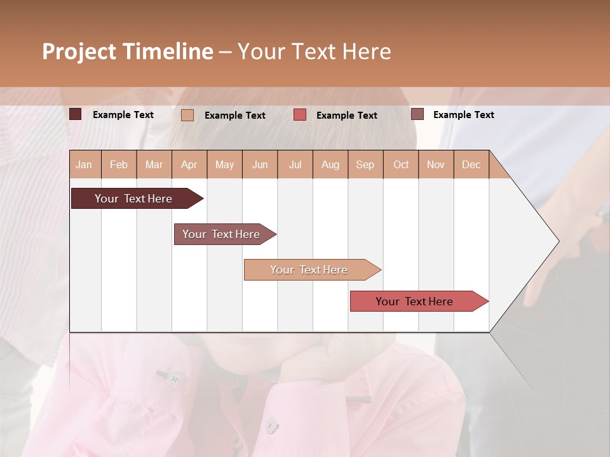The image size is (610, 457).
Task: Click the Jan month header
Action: pos(84,165)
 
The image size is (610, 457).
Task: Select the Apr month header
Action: pos(189,165)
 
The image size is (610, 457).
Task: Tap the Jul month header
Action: pos(295,165)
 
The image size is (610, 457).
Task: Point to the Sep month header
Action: pos(365,165)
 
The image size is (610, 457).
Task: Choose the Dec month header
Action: pos(471,165)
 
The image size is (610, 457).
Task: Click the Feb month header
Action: pos(119,165)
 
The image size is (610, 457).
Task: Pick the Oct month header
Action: pos(401,165)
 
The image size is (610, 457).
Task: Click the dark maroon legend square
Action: pos(75,114)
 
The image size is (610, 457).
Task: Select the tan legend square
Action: pos(187,115)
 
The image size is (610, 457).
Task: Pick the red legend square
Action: pos(300,115)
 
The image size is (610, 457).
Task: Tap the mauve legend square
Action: pos(417,114)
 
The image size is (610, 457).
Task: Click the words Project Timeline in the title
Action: pos(128,51)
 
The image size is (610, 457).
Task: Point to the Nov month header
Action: pos(436,165)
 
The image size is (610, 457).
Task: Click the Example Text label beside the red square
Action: pos(346,116)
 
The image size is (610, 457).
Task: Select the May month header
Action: pos(224,165)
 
